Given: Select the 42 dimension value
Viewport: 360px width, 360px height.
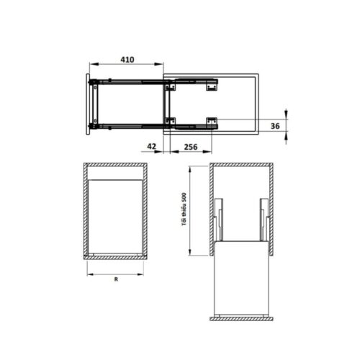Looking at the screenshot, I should coord(152,147).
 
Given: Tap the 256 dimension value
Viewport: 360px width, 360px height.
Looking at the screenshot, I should coord(191,147).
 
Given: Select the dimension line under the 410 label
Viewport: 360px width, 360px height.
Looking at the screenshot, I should coord(126,67).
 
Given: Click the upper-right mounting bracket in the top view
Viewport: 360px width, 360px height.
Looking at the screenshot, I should coord(212,86).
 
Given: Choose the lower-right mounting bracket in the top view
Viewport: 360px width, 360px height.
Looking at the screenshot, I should coord(212,121).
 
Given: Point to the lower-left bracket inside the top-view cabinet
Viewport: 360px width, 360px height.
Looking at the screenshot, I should coord(171,120).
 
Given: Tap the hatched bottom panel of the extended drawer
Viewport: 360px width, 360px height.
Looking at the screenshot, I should coord(240,318).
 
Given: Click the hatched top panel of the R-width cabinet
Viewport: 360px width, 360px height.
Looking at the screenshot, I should coord(115,167).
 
